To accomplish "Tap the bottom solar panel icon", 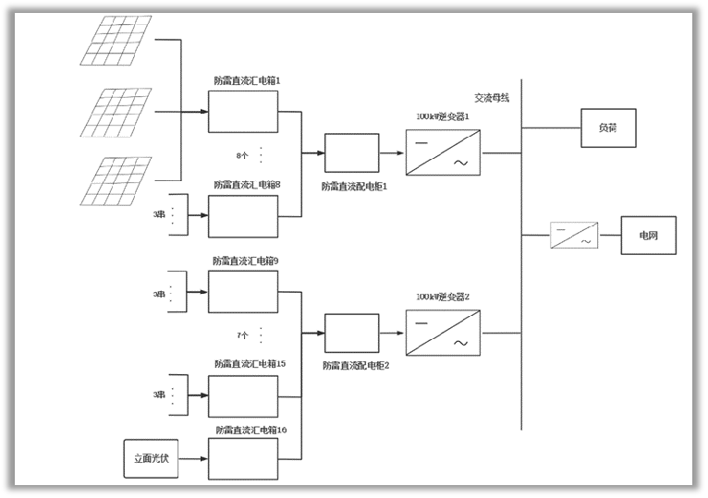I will pos(116,181).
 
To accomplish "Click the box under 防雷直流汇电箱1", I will pos(242,112).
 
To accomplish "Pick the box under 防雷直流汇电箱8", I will pos(242,216).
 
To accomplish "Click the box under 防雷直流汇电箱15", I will pos(242,395).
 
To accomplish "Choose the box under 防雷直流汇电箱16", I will pos(242,458).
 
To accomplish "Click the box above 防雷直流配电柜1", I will pos(351,153).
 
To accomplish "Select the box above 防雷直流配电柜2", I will pos(351,334).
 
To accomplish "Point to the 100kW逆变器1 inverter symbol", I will pos(443,152).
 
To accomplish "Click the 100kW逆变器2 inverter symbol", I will pos(443,332).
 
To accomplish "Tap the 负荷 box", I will pos(606,128).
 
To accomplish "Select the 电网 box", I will pos(649,236).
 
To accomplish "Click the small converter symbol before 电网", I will pos(574,236).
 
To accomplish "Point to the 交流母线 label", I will pos(491,97).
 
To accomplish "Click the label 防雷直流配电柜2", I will pos(356,366).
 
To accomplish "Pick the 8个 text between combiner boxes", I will pos(242,155).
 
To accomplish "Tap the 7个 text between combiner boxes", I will pos(242,335).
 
